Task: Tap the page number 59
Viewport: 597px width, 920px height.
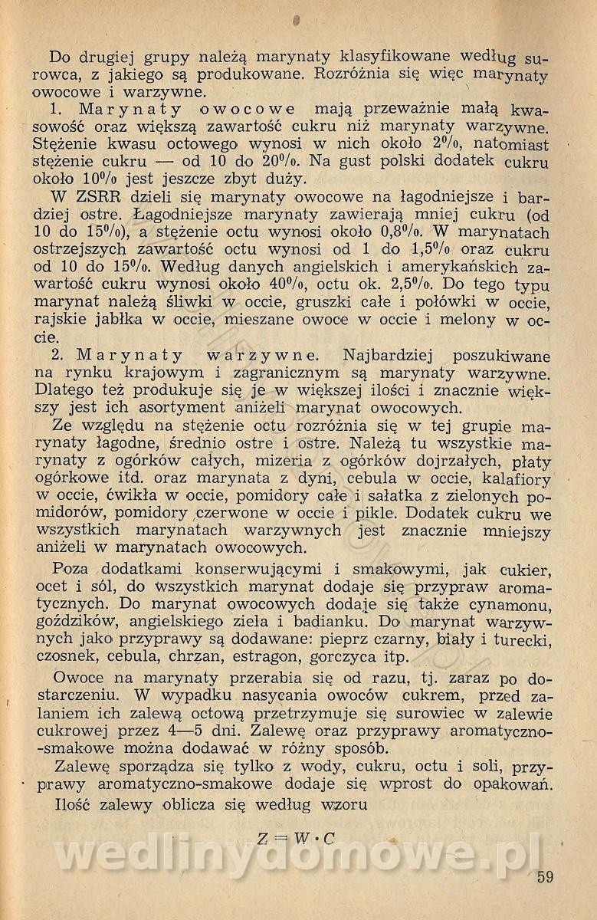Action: [545, 877]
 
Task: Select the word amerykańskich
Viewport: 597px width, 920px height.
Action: [458, 267]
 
